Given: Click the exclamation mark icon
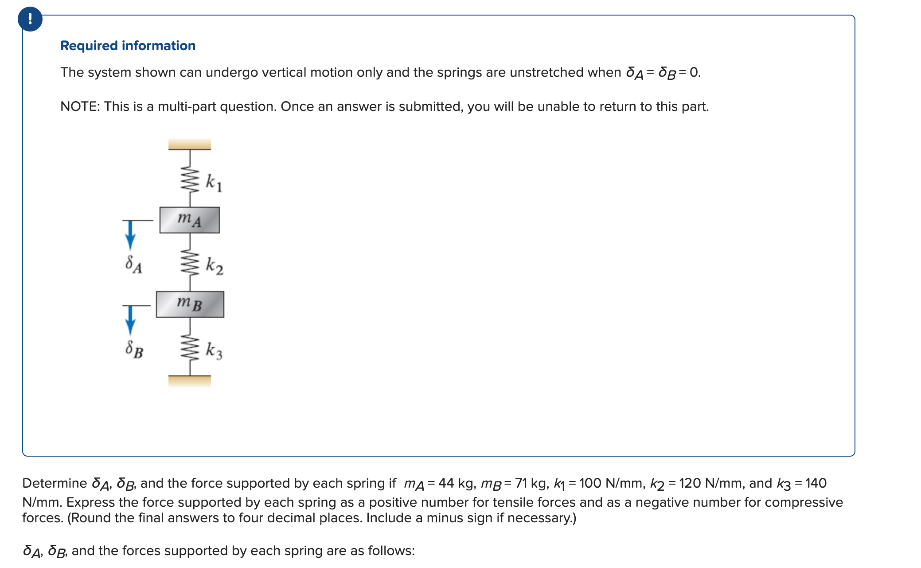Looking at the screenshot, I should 30,19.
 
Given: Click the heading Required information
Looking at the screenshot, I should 128,46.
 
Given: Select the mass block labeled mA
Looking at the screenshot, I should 190,220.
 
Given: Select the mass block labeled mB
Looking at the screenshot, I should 190,304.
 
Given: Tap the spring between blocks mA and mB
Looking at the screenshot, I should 190,263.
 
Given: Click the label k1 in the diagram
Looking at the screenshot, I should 214,182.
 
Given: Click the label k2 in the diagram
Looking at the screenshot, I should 215,266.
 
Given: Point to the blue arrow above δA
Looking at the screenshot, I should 130,235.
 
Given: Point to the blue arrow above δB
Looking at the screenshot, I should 130,320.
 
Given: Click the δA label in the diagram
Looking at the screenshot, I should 133,264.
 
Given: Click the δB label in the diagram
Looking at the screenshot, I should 134,350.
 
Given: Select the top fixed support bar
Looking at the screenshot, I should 190,144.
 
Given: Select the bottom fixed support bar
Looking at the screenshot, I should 190,381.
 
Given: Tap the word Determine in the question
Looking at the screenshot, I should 55,483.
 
